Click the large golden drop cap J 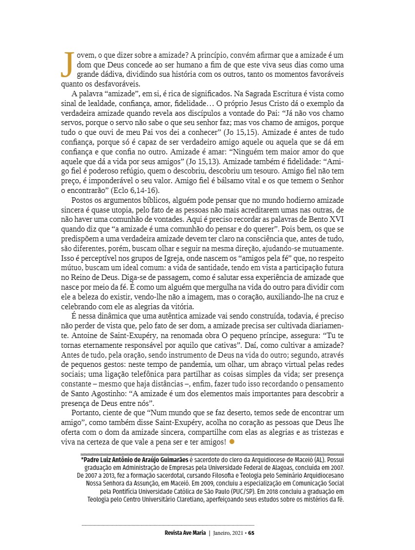[x=65, y=64]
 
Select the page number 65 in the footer [x=251, y=532]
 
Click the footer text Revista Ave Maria [x=185, y=532]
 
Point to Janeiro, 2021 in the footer [x=228, y=532]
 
